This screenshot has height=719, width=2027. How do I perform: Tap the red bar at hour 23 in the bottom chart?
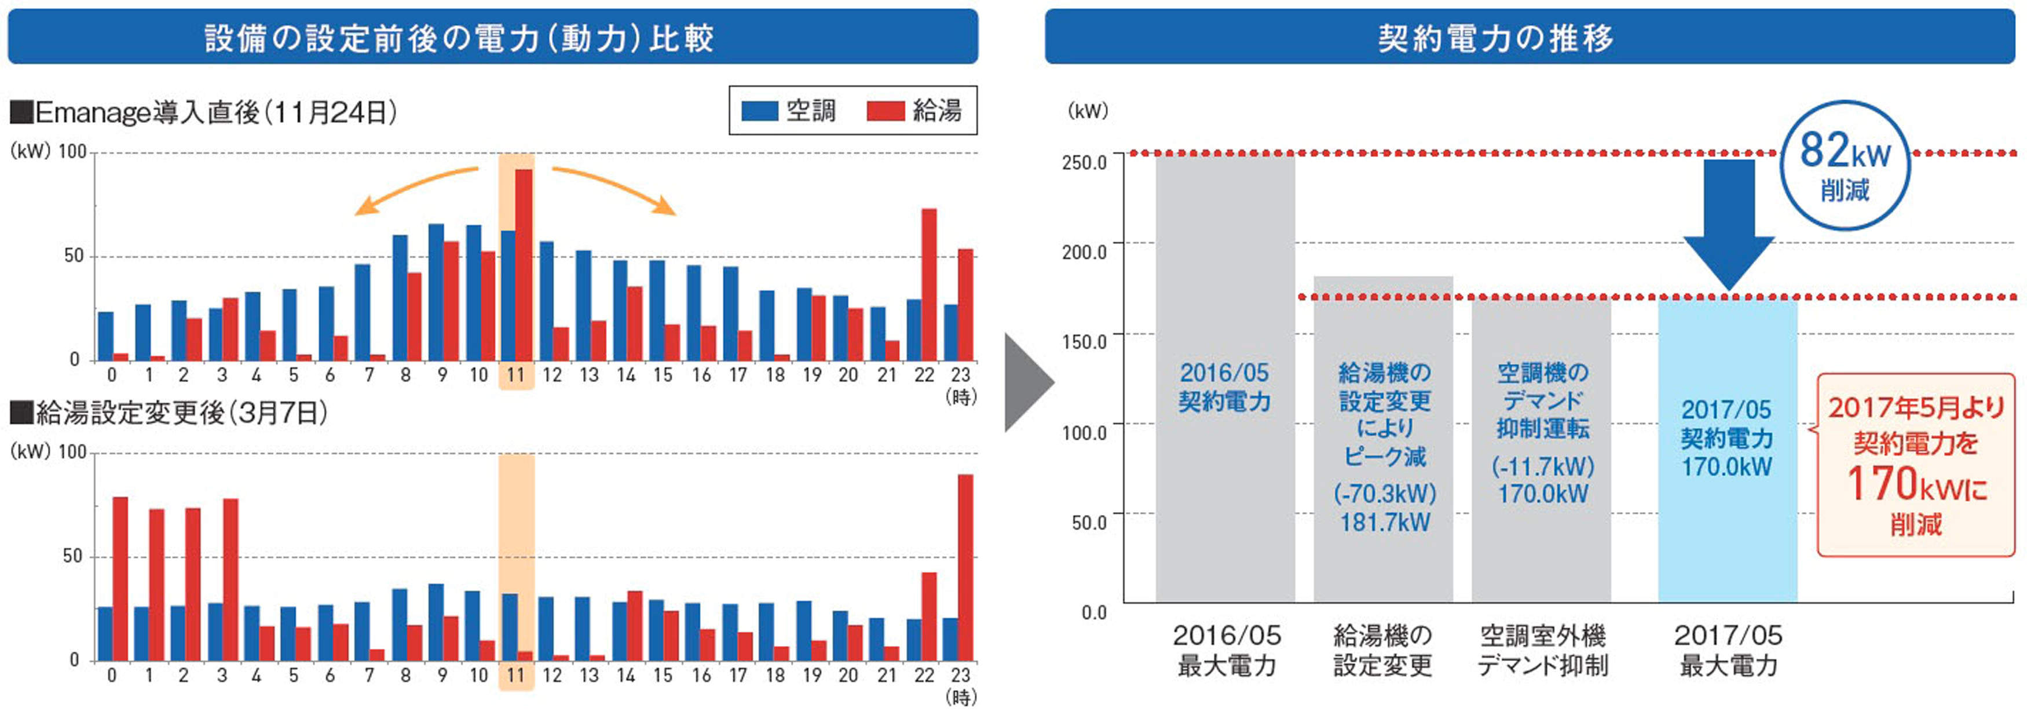tap(965, 567)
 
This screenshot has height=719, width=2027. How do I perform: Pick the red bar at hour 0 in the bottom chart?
tap(120, 578)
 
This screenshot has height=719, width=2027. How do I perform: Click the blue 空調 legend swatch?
tap(759, 111)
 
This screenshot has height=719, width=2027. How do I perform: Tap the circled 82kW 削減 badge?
tap(1845, 165)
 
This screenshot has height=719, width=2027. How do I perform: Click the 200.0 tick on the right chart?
tap(1084, 252)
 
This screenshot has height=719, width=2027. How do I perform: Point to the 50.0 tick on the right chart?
tap(1088, 522)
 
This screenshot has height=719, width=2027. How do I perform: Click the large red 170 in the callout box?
tap(1880, 484)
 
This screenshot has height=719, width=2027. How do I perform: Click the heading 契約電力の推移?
tap(1496, 38)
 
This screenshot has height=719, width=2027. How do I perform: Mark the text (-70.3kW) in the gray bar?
tap(1384, 494)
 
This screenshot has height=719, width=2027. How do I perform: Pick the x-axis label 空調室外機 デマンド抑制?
tap(1542, 651)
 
